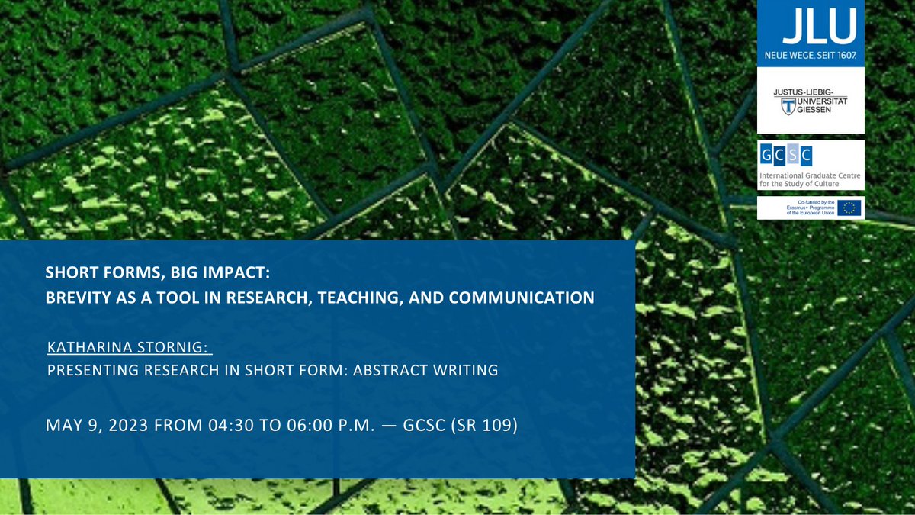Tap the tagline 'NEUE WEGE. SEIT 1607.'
[810, 56]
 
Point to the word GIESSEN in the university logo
[827, 114]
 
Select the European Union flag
[849, 208]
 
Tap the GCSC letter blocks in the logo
[785, 157]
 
